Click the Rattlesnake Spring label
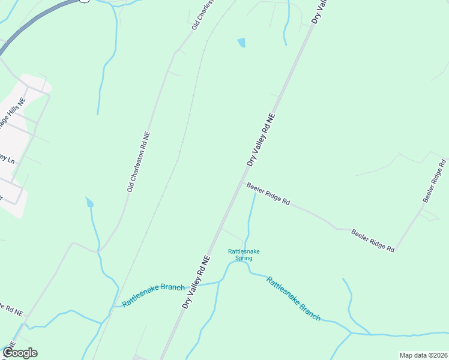[243, 255]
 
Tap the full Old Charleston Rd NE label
[138, 162]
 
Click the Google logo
[20, 353]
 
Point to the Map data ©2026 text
[423, 355]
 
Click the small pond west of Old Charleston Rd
[89, 202]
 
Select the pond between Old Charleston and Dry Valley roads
[241, 43]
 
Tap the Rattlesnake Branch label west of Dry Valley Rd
[153, 295]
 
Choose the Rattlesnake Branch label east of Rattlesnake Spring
[293, 298]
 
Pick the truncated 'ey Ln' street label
[7, 159]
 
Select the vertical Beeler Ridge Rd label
[435, 181]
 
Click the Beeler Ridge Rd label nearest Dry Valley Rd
[268, 194]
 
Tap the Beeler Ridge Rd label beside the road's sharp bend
[372, 240]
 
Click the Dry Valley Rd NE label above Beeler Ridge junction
[261, 140]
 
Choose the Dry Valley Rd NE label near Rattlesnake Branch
[196, 282]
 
